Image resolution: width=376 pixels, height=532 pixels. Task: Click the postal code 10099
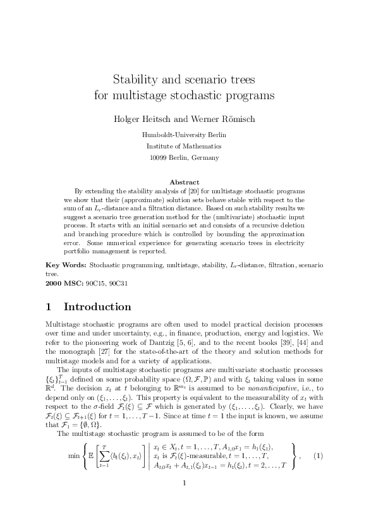tap(158, 157)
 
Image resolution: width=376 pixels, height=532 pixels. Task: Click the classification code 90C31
tap(118, 283)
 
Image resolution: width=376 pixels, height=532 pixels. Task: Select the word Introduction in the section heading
tap(97, 307)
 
